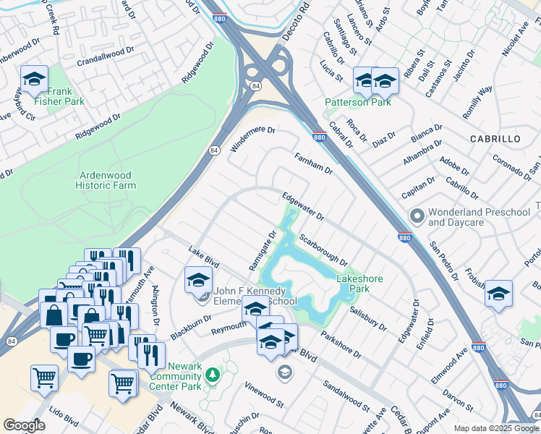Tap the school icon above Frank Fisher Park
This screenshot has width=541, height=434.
pyautogui.click(x=33, y=80)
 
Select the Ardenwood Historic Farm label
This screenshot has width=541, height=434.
pyautogui.click(x=106, y=180)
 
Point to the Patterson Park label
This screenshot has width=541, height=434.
pyautogui.click(x=357, y=103)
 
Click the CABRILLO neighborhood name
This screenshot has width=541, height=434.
pyautogui.click(x=495, y=138)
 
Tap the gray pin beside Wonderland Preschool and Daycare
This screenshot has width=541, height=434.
pyautogui.click(x=417, y=216)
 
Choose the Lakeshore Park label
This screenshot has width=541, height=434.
pyautogui.click(x=359, y=284)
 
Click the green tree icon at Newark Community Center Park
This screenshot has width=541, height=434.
pyautogui.click(x=212, y=375)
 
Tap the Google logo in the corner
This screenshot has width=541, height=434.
pyautogui.click(x=24, y=425)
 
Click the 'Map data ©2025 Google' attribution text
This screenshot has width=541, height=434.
pyautogui.click(x=496, y=428)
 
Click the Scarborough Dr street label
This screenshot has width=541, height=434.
pyautogui.click(x=323, y=250)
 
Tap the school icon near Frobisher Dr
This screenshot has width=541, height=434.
pyautogui.click(x=498, y=294)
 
